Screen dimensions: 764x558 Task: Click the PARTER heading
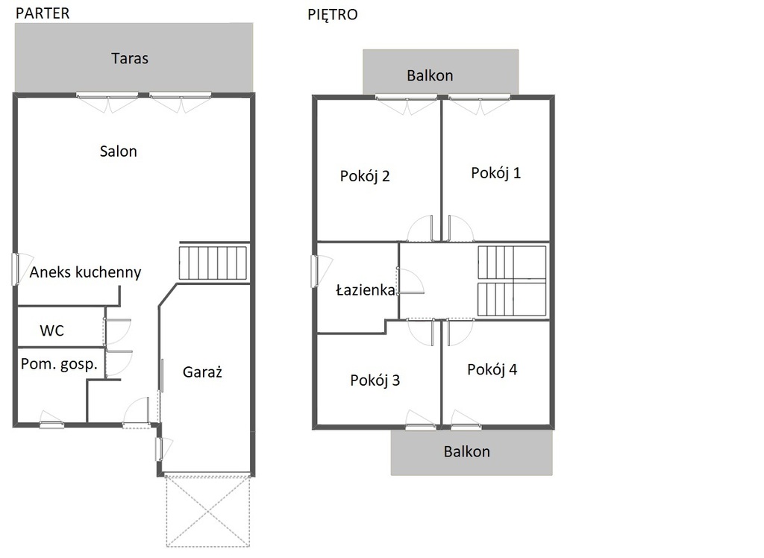coord(43,13)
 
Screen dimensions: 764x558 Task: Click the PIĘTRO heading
coord(332,14)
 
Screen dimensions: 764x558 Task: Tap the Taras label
coord(130,58)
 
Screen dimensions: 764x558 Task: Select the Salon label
coord(119,151)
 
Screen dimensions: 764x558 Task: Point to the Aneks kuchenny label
coord(85,272)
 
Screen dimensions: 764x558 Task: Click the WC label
coord(51,330)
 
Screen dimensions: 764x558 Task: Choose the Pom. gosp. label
coord(59,364)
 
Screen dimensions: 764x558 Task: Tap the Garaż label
coord(202,372)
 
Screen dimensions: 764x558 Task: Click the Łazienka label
coord(366,290)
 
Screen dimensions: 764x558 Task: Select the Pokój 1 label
coord(496,173)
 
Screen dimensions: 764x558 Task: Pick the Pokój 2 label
coord(365,176)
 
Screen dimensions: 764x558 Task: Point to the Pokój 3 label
coord(375,380)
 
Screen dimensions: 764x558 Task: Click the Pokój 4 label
coord(492,369)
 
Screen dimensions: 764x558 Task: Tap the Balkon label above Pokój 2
coord(430,75)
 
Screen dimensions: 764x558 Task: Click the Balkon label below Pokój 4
coord(467,452)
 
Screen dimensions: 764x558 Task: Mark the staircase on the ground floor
coord(213,263)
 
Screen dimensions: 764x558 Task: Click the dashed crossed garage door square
coord(208,511)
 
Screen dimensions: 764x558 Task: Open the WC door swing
coord(118,331)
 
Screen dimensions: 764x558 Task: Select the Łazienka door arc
coord(411,281)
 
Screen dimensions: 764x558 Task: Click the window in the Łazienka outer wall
coord(314,272)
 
